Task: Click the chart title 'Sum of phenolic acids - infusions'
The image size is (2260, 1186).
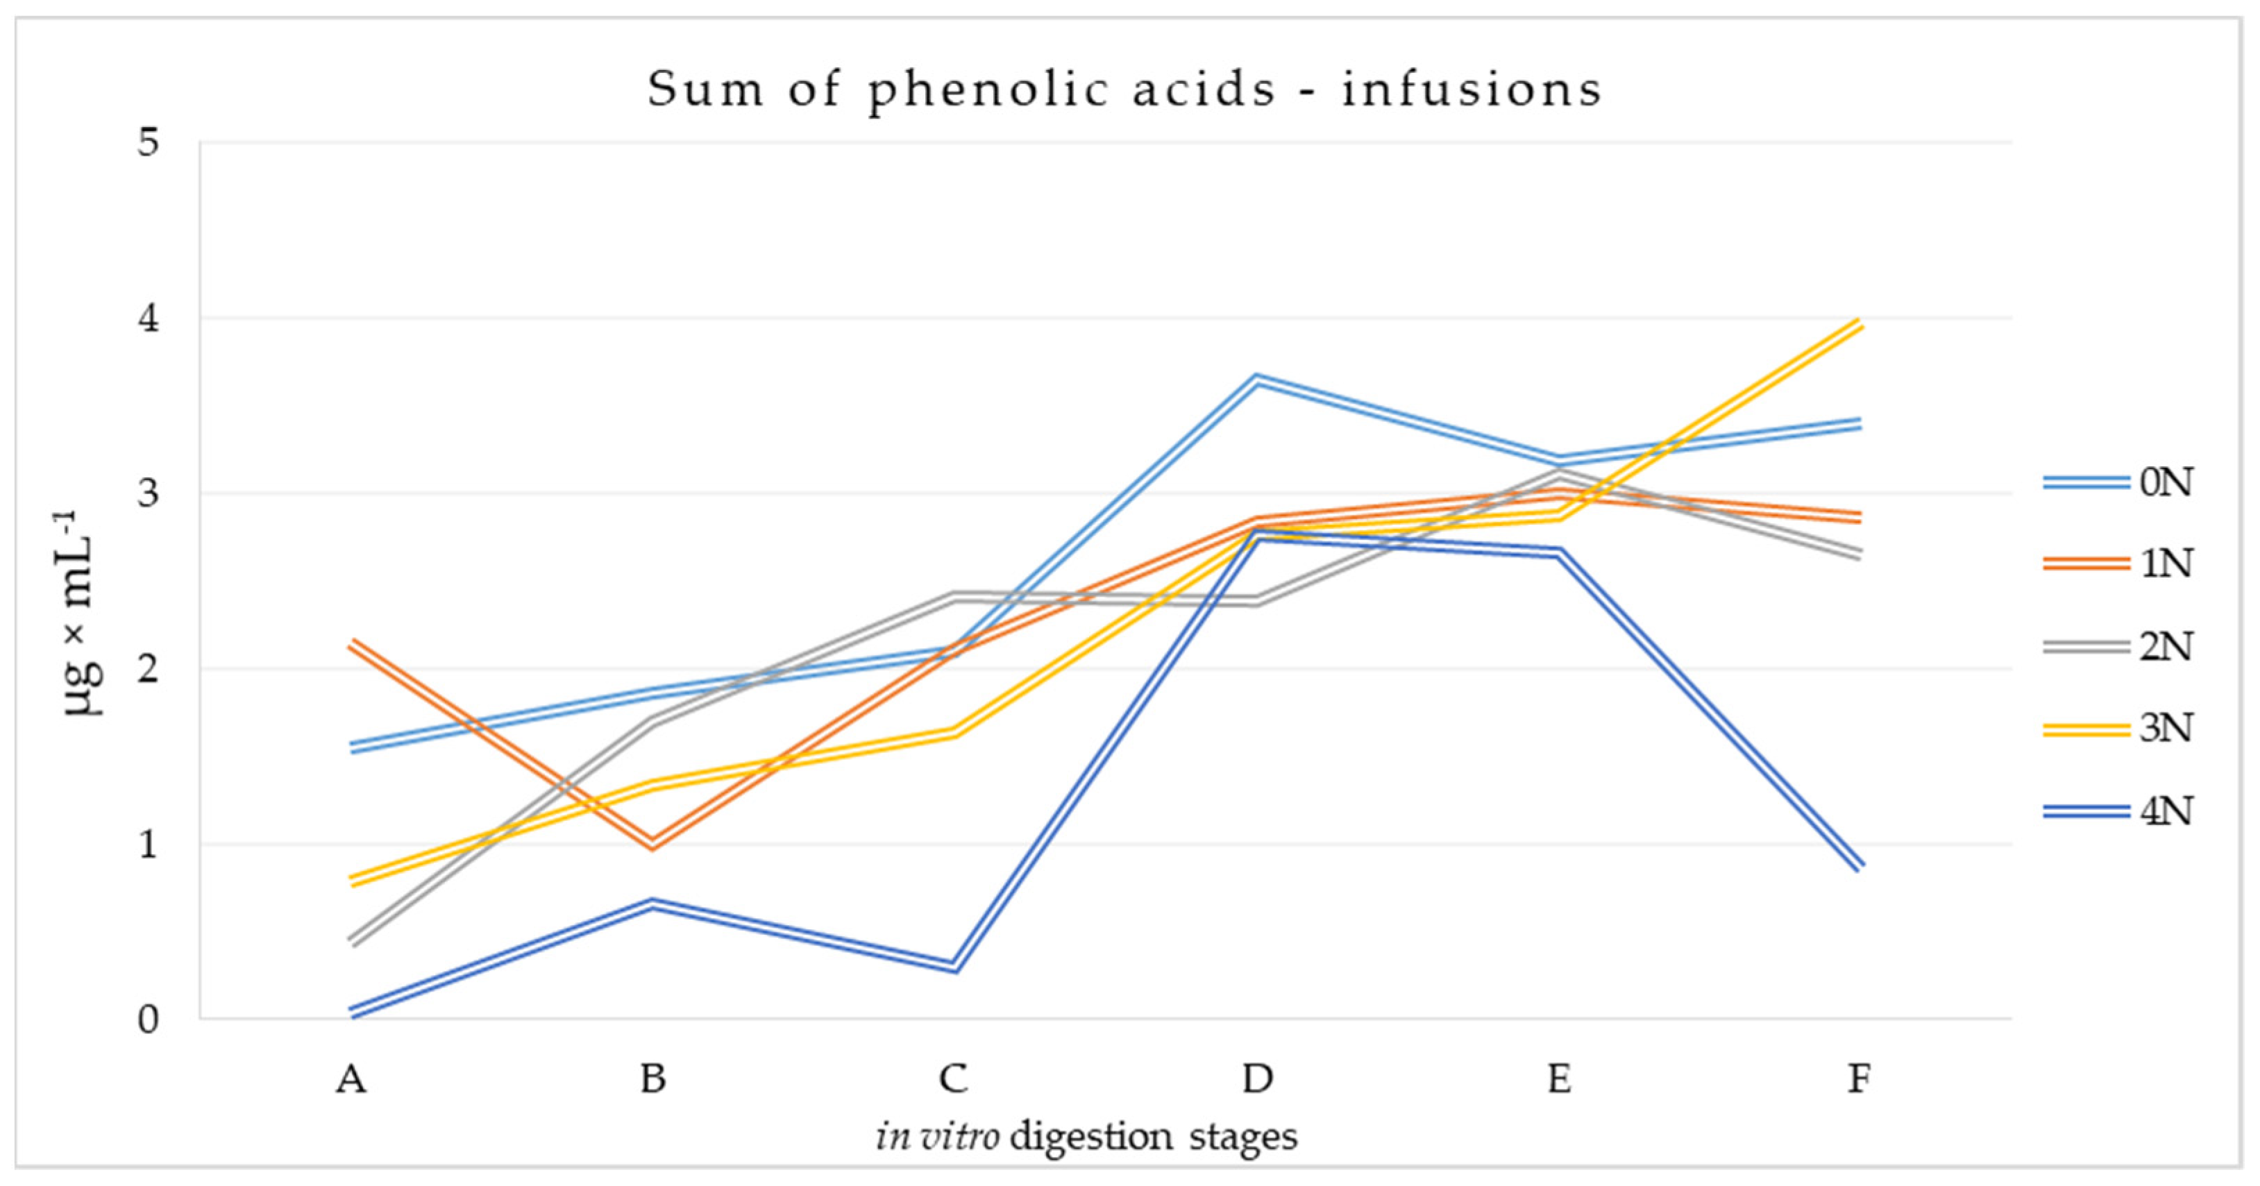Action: [x=1124, y=90]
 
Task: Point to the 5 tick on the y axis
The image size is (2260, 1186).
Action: [x=149, y=142]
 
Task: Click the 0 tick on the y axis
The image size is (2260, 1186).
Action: [x=149, y=1019]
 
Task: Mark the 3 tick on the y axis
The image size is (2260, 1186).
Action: [x=149, y=493]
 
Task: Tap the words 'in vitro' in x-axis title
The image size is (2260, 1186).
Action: [x=937, y=1137]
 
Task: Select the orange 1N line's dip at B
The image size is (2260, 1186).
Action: [x=652, y=845]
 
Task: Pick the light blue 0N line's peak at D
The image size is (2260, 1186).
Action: [x=1256, y=379]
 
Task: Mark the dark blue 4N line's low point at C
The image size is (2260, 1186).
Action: [x=954, y=967]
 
